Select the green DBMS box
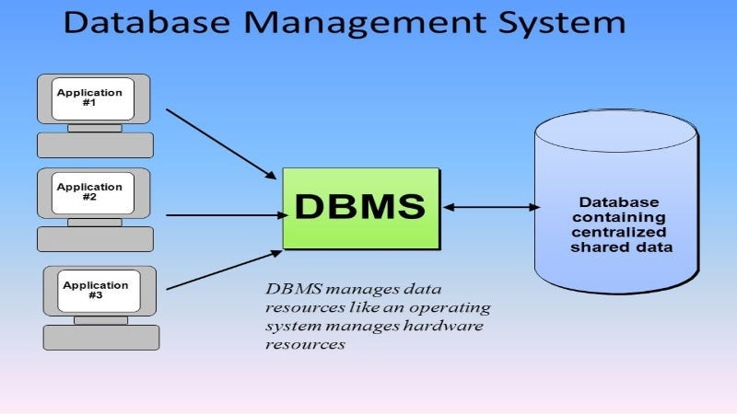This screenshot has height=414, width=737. click(x=360, y=208)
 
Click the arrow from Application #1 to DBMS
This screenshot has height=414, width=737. click(x=221, y=144)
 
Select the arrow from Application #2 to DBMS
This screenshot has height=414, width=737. click(x=226, y=216)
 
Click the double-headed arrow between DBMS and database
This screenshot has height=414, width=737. click(x=490, y=208)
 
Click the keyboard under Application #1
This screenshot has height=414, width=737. click(x=95, y=144)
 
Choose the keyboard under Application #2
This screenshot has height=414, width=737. click(x=95, y=238)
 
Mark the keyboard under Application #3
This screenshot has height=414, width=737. click(x=101, y=337)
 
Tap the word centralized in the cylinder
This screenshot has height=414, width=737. click(x=618, y=233)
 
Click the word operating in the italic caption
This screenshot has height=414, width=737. click(x=455, y=307)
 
